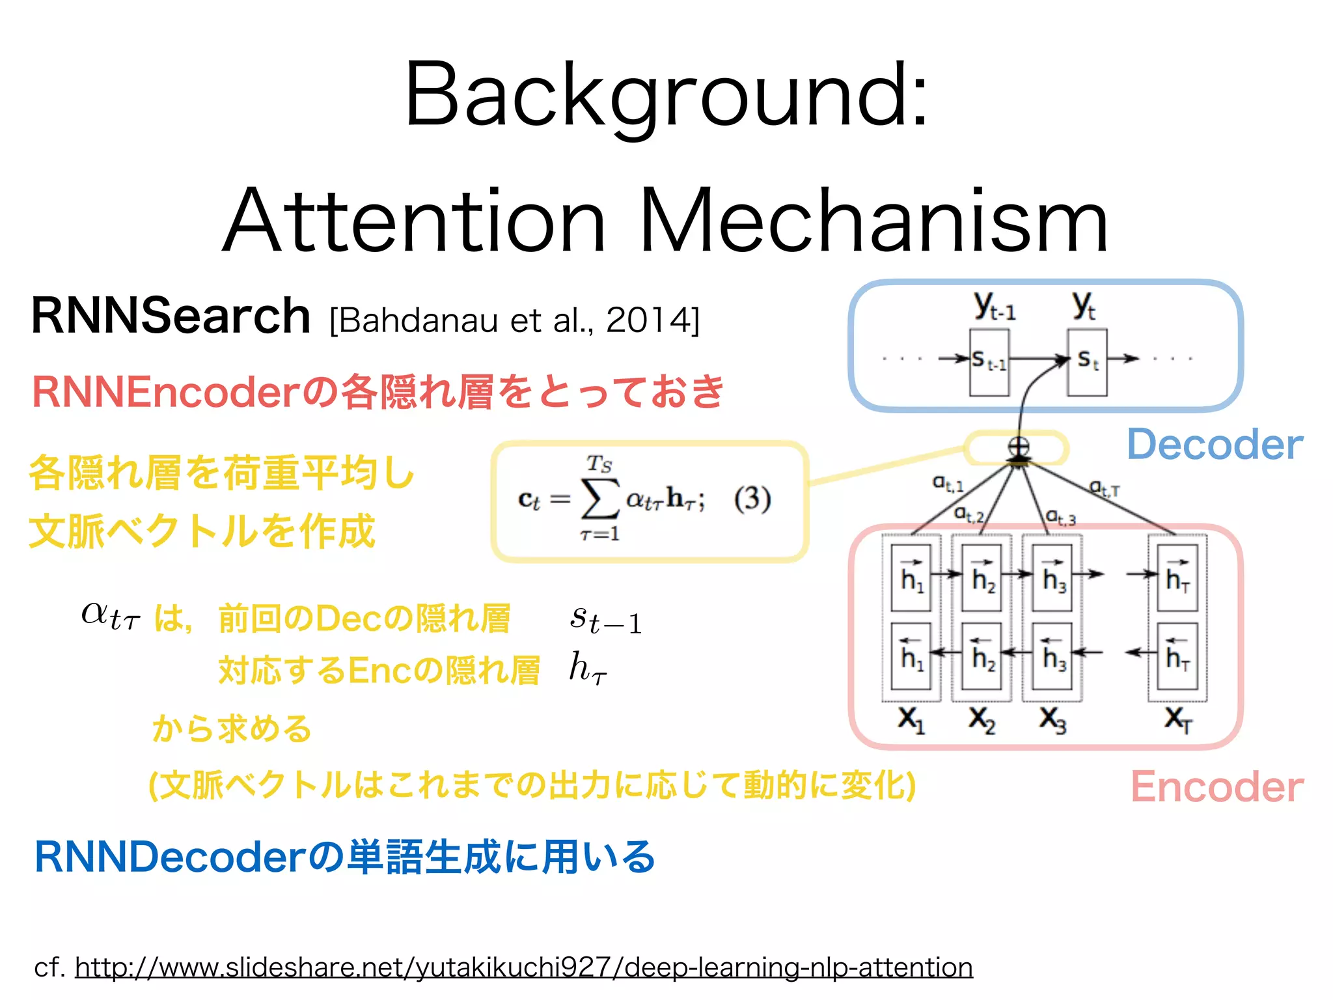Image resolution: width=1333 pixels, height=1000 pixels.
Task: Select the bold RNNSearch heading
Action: [x=171, y=316]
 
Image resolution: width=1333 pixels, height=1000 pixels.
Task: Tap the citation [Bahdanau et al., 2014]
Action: [x=514, y=320]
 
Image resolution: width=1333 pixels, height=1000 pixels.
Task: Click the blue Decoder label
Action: [x=1215, y=445]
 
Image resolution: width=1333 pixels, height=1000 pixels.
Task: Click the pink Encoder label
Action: [x=1216, y=787]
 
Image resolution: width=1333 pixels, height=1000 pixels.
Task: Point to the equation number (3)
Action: [x=752, y=499]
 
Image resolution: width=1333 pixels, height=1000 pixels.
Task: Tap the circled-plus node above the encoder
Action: [x=1018, y=447]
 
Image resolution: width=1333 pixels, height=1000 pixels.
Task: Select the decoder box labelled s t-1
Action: [x=989, y=362]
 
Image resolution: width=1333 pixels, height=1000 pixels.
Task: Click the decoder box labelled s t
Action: [x=1086, y=362]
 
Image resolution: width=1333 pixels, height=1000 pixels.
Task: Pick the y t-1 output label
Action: [x=994, y=306]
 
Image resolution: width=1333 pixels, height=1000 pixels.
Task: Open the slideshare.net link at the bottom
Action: [x=523, y=967]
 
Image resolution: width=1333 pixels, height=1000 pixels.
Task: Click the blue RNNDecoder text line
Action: [x=345, y=857]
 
